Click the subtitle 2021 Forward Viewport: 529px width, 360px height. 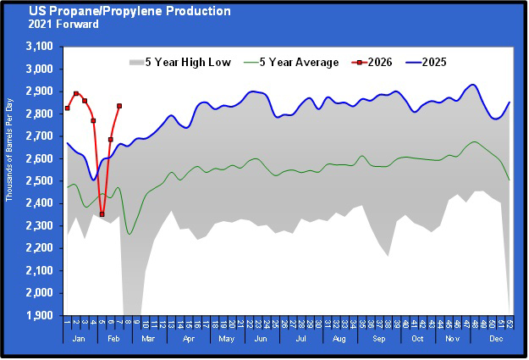click(61, 25)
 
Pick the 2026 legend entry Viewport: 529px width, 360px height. click(383, 63)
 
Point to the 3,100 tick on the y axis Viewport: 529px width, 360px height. click(40, 47)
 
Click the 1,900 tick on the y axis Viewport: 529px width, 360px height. click(40, 316)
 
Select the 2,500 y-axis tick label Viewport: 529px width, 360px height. click(40, 181)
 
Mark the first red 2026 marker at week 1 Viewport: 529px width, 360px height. click(67, 108)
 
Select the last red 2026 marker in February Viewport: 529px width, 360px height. click(119, 106)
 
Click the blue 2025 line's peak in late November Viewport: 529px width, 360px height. click(472, 85)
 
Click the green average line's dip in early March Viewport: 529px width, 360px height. click(129, 234)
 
